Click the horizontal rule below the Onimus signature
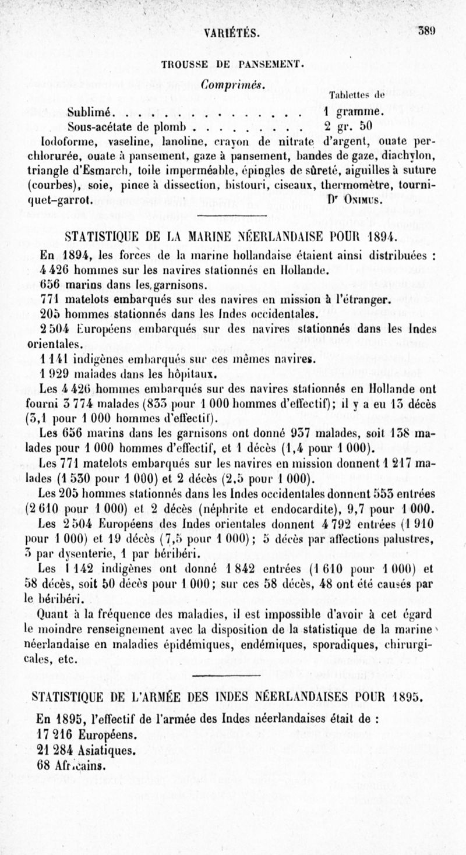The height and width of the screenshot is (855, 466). (x=232, y=217)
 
